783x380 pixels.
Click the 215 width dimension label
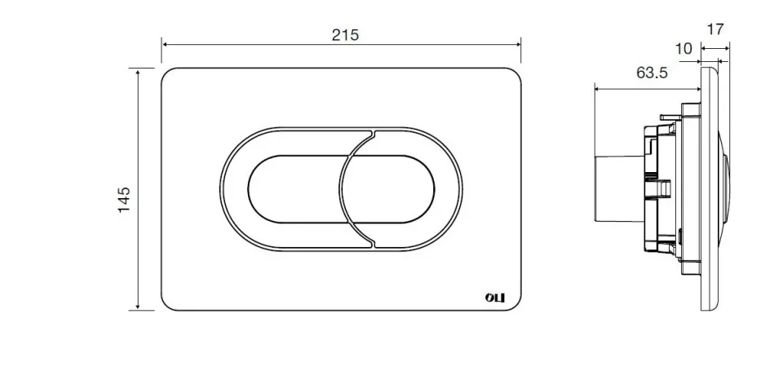pos(345,34)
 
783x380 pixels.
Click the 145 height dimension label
pos(124,199)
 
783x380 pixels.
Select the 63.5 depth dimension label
pos(652,73)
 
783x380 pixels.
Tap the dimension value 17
pos(714,29)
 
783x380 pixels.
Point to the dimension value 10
pos(683,49)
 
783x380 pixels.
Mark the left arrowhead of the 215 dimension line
pos(165,44)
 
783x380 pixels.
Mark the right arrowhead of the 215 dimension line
pos(518,44)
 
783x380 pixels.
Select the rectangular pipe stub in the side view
pos(617,188)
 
